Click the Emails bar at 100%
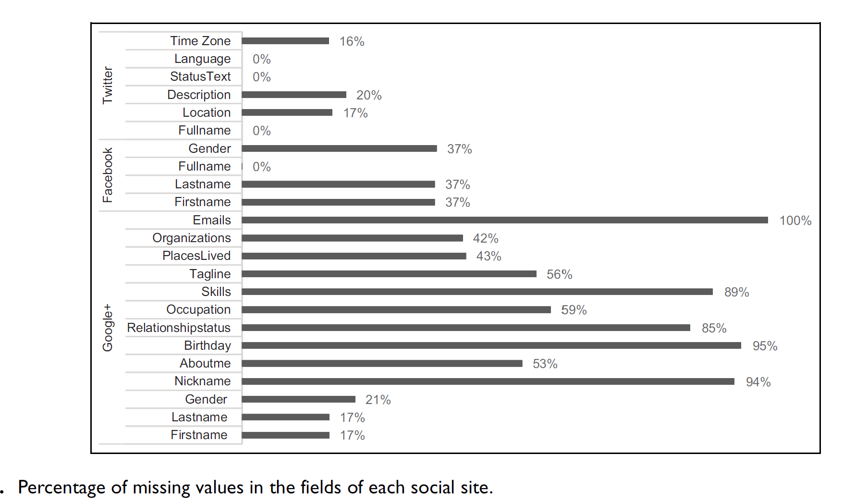504,220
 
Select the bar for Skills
477,292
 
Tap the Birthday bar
491,345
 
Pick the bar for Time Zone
285,41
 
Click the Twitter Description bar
294,95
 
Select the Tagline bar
389,274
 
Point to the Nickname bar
488,381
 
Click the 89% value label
736,292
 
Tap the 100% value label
795,221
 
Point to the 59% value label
574,310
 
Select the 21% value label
378,400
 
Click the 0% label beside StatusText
262,77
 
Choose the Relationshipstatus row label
179,328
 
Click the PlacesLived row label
196,256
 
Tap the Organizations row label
192,238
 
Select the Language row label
202,59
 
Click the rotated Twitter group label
108,85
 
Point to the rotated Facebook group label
108,175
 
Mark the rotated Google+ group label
108,328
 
